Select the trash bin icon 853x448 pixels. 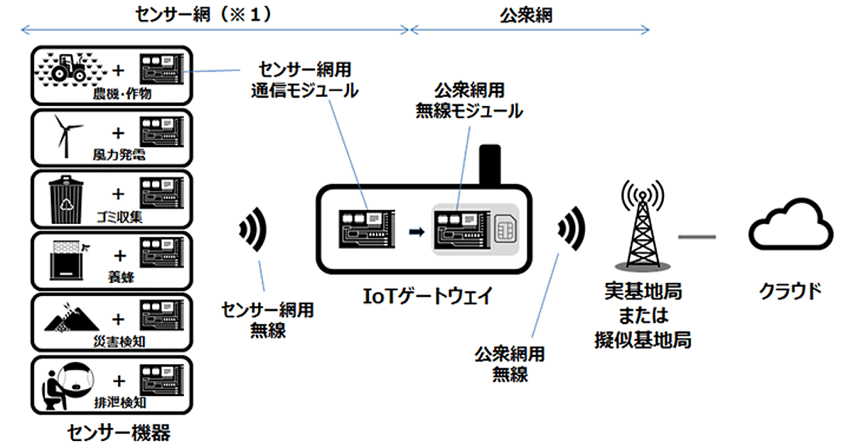(x=66, y=196)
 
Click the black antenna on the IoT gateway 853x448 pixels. (x=490, y=165)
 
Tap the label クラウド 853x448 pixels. (x=789, y=292)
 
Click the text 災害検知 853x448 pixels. (x=119, y=342)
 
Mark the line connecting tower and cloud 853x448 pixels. (x=697, y=235)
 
